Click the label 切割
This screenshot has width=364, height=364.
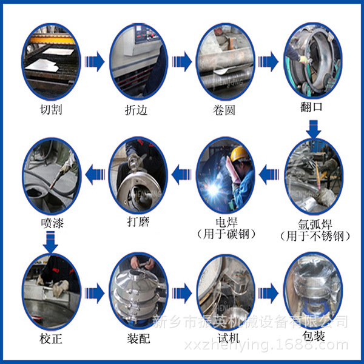[51, 110]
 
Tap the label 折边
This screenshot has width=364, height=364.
[137, 110]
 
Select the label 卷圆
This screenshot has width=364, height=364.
[224, 110]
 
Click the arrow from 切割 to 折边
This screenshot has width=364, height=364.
[95, 61]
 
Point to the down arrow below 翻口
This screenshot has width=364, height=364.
[313, 128]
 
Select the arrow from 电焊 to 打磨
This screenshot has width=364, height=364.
[181, 176]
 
